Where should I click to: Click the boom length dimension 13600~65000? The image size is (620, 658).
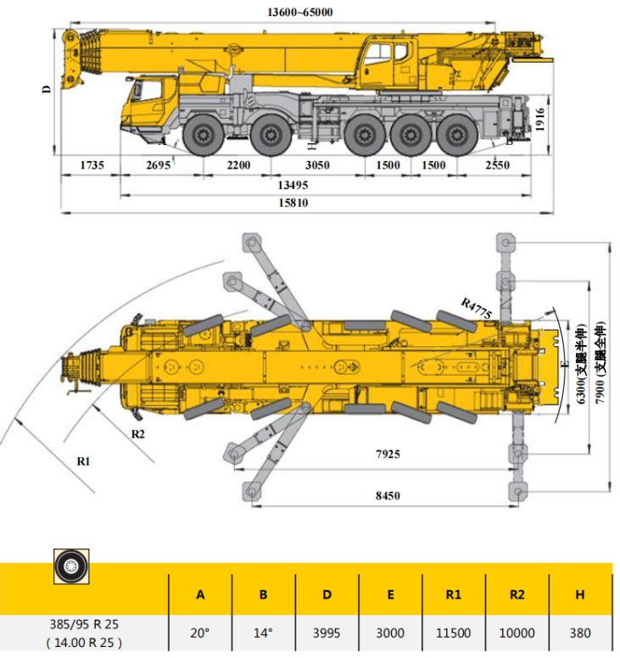click(299, 12)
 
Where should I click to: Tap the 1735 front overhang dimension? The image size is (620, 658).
click(92, 164)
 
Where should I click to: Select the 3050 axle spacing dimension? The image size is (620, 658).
click(317, 164)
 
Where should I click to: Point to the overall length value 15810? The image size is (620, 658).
click(293, 204)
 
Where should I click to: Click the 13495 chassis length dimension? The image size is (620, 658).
click(293, 185)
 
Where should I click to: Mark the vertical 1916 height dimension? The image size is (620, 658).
click(539, 120)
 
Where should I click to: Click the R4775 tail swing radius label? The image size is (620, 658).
click(477, 309)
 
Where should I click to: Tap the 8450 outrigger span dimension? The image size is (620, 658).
click(388, 495)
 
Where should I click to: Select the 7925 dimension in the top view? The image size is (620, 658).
click(388, 454)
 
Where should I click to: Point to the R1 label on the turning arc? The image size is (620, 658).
click(83, 461)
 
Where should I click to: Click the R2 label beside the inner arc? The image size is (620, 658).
click(137, 434)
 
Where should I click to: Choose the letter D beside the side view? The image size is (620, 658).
click(46, 89)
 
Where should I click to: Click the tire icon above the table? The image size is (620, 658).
click(71, 566)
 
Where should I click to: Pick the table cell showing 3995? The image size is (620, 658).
click(327, 633)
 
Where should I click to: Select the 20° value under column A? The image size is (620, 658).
click(200, 633)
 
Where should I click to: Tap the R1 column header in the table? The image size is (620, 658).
click(454, 594)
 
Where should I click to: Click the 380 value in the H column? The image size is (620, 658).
click(580, 633)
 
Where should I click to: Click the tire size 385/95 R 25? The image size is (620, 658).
click(84, 624)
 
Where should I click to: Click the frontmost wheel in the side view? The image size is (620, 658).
click(204, 135)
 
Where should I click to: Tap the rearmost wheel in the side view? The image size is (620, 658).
click(456, 135)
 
